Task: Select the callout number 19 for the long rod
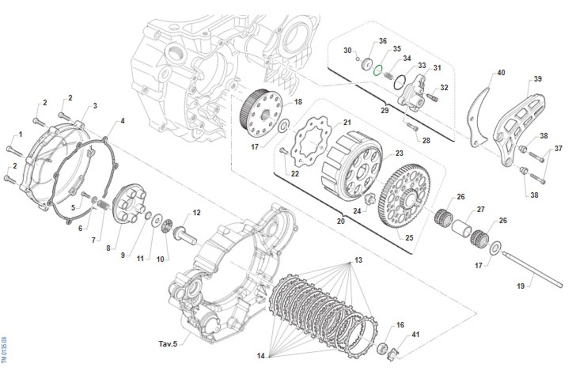click(521, 287)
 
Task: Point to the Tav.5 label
click(168, 344)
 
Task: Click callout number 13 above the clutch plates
click(358, 260)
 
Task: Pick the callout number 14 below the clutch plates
click(261, 356)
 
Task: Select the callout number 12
click(197, 212)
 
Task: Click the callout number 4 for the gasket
click(122, 121)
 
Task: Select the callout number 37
click(558, 149)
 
